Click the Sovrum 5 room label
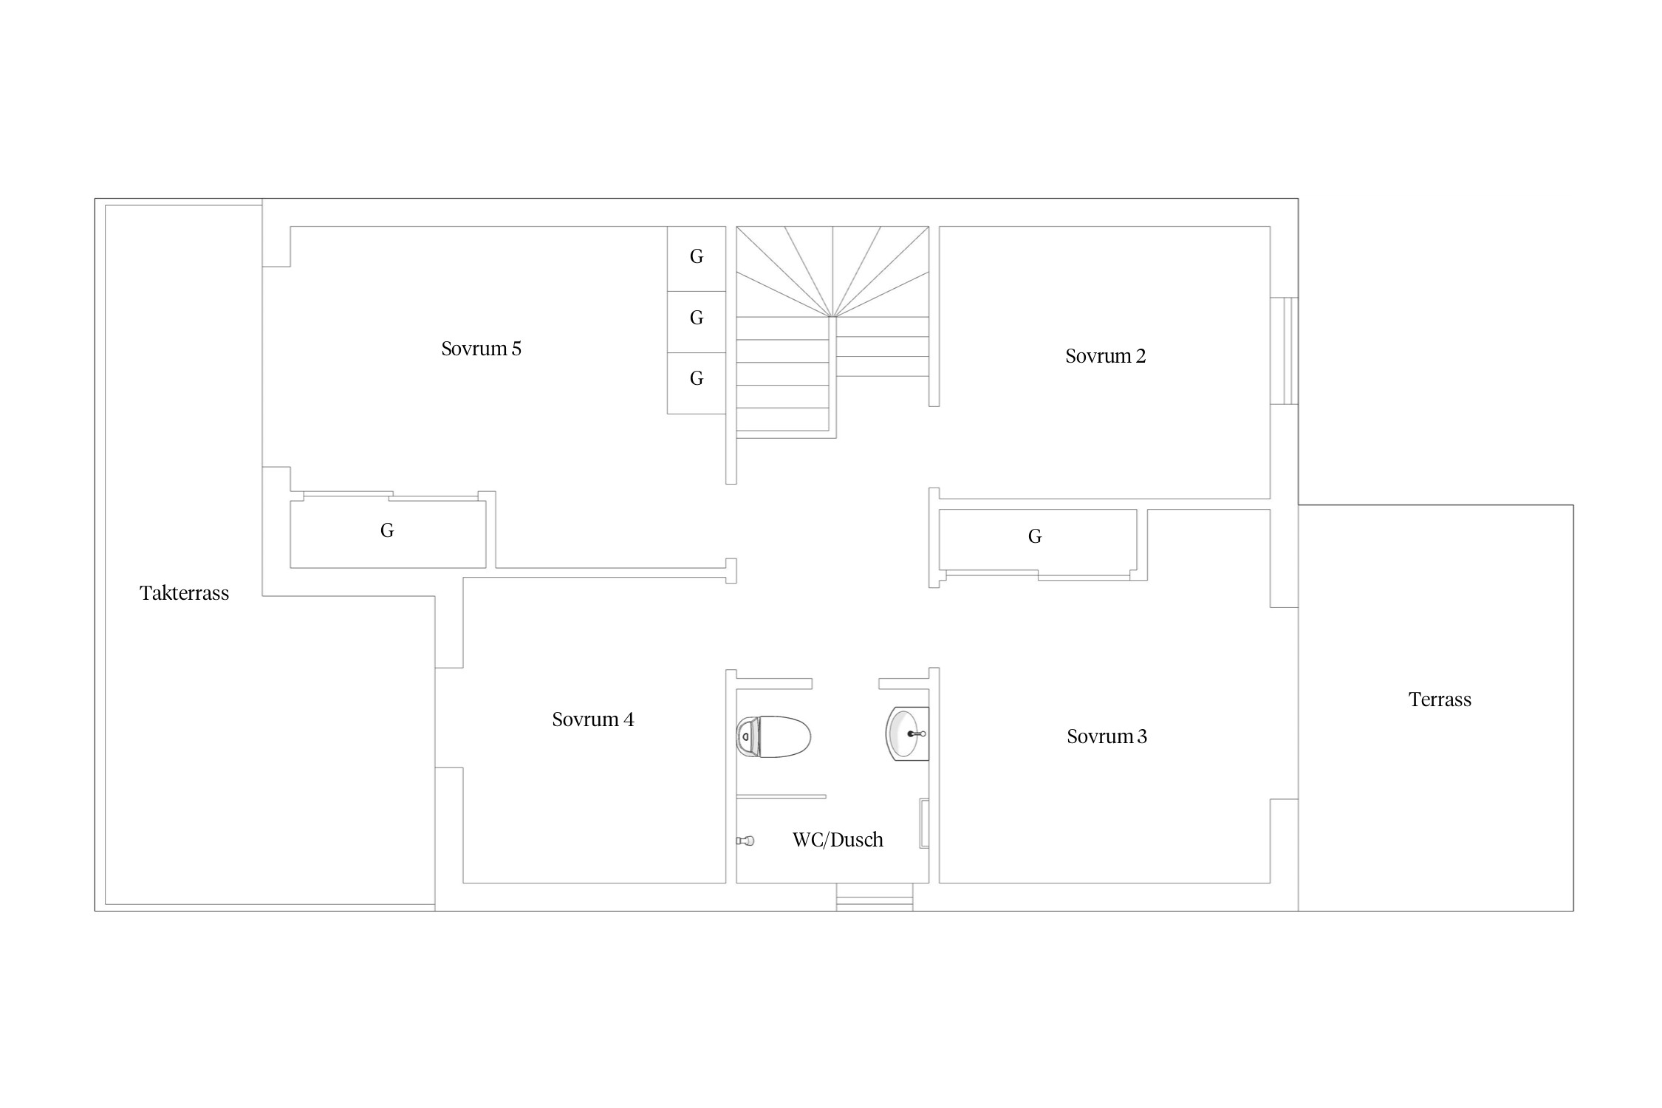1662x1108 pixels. (481, 349)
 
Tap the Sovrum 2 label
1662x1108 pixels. (1105, 356)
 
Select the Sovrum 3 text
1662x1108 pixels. (1107, 736)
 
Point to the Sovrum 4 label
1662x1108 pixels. (592, 719)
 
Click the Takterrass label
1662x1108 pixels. (184, 593)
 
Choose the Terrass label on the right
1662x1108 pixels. (1440, 700)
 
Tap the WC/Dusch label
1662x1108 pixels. (838, 840)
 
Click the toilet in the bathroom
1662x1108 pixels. (773, 736)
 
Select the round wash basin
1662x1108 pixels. (907, 734)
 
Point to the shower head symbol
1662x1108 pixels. (745, 841)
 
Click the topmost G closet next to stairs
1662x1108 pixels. (697, 258)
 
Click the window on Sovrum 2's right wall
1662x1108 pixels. (1284, 351)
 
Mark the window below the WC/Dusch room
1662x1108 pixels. (875, 897)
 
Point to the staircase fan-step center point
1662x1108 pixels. (832, 317)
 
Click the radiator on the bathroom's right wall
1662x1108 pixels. (923, 823)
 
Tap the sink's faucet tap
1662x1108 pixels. (917, 734)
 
